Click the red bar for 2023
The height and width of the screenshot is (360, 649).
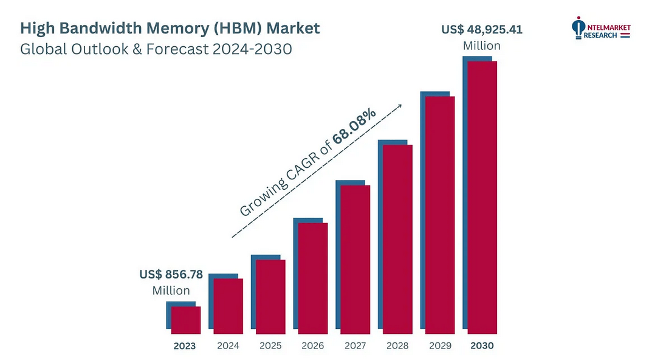pyautogui.click(x=186, y=320)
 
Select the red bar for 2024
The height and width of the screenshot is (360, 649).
pyautogui.click(x=228, y=306)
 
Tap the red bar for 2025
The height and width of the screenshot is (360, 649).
pyautogui.click(x=271, y=297)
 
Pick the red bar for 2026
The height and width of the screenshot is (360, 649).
pyautogui.click(x=313, y=278)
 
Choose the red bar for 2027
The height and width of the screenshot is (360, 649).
pyautogui.click(x=355, y=259)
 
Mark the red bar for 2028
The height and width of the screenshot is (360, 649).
pyautogui.click(x=397, y=239)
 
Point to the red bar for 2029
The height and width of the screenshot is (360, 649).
pyautogui.click(x=440, y=215)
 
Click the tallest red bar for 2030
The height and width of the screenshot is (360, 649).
pyautogui.click(x=482, y=197)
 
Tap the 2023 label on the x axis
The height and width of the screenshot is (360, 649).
pyautogui.click(x=185, y=346)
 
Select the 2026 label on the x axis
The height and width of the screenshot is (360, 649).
pyautogui.click(x=312, y=346)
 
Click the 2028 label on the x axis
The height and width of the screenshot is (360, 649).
pyautogui.click(x=397, y=346)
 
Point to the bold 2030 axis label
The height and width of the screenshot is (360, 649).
pyautogui.click(x=482, y=346)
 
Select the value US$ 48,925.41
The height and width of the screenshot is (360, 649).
pyautogui.click(x=482, y=29)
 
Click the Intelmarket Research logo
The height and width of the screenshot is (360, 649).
pyautogui.click(x=600, y=29)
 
